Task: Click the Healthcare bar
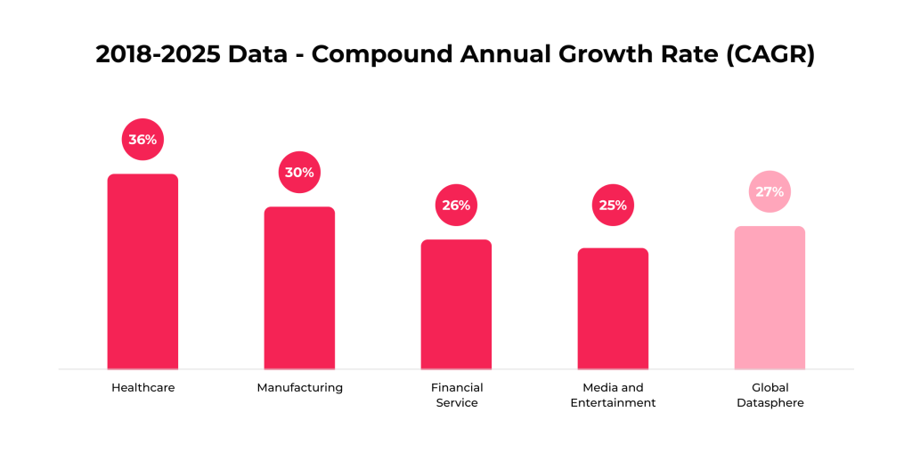pos(142,271)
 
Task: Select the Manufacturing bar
pos(299,287)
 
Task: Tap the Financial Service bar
pos(456,304)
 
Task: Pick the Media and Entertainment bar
pos(613,308)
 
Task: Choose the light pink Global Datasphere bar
pos(769,297)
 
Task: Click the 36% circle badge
pos(142,140)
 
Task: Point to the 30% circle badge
pos(299,173)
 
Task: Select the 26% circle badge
pos(456,206)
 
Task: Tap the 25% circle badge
pos(613,206)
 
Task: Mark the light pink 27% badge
pos(769,191)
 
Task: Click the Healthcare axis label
pos(142,388)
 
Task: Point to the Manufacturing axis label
pos(299,388)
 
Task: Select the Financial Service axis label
pos(456,395)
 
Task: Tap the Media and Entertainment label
pos(613,395)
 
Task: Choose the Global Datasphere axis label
pos(769,395)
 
